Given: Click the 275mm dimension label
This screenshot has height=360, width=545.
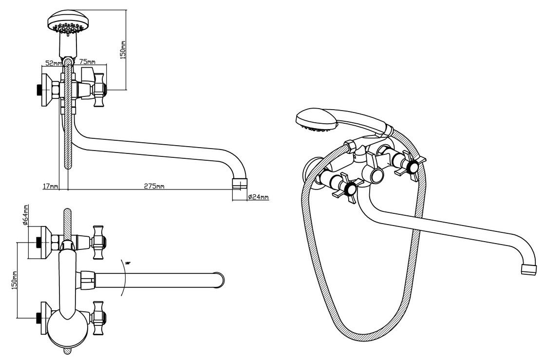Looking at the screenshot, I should click(154, 185).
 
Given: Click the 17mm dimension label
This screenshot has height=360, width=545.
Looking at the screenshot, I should click(51, 185).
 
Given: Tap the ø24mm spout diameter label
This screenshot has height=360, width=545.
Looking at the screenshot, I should click(258, 197).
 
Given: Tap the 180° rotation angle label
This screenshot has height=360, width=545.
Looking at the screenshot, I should click(128, 263).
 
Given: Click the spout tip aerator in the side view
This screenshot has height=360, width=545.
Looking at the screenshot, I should click(240, 184).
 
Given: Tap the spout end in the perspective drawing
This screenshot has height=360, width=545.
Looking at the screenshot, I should click(529, 269).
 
